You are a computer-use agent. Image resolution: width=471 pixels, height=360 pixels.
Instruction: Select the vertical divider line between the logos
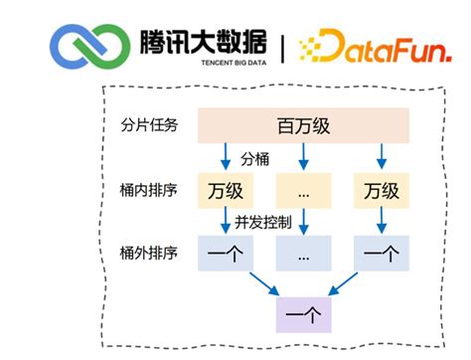coord(281,46)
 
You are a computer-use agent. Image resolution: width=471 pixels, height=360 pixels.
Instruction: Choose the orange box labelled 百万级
coord(303,125)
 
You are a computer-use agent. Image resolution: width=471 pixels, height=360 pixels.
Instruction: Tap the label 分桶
coord(254,159)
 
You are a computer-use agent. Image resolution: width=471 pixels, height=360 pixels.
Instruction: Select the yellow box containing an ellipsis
coord(303,189)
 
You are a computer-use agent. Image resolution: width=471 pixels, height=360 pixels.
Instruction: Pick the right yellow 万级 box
coord(381,189)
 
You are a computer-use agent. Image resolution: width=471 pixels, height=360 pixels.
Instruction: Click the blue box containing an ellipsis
coord(303,253)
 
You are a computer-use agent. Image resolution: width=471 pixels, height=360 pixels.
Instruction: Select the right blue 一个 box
coord(381,253)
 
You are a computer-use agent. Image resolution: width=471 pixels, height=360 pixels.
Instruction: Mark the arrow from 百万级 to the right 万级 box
coord(382,157)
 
